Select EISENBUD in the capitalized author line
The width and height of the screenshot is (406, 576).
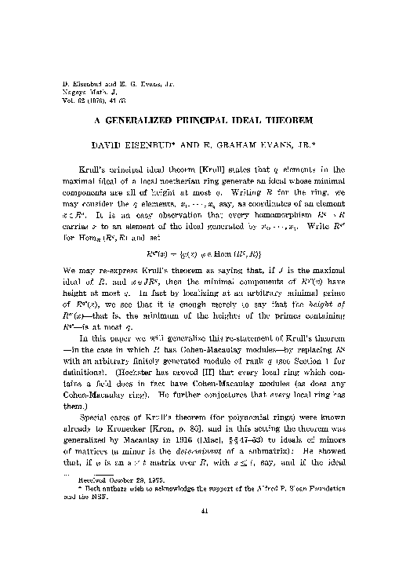159,145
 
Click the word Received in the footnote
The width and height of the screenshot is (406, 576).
88,499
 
